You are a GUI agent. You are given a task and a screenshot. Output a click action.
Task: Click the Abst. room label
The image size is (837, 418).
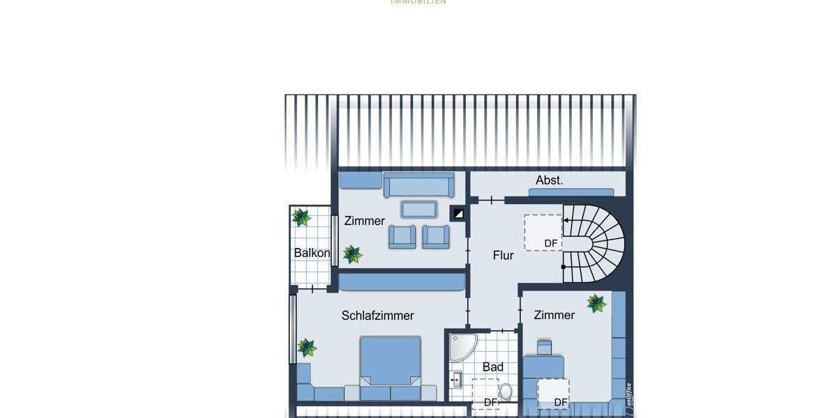(x=549, y=180)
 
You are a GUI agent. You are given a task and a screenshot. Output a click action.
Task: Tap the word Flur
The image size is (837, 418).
(x=503, y=256)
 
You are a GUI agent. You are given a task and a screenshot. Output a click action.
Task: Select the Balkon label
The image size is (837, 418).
(x=312, y=253)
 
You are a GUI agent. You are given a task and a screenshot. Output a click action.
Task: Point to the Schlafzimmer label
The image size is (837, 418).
(x=377, y=316)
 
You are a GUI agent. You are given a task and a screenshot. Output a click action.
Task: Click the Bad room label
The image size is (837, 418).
(x=492, y=367)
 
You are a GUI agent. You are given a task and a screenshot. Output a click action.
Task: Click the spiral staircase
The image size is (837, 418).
(x=597, y=244)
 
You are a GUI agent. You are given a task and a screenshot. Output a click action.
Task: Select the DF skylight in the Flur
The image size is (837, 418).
(x=543, y=233)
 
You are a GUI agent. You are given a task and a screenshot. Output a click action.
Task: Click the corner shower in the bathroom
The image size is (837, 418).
(x=461, y=347)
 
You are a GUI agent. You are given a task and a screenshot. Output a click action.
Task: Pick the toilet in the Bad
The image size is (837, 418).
(x=506, y=392)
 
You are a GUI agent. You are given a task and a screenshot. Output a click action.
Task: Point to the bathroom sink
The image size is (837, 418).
(x=456, y=380)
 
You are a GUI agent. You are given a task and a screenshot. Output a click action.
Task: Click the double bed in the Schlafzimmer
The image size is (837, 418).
(x=391, y=362)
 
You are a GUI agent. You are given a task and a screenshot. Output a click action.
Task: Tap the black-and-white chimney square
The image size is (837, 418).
(x=458, y=213)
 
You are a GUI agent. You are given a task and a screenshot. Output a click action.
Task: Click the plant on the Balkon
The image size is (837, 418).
(x=301, y=217)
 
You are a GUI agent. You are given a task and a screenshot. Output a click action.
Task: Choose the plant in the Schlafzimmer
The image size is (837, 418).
(x=307, y=347)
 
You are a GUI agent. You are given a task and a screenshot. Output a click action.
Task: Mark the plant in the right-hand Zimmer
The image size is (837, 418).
(x=596, y=303)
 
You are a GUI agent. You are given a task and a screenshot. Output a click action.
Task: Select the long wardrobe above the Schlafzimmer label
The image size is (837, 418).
(x=402, y=281)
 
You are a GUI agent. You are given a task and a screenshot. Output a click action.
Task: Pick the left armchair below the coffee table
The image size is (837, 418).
(x=402, y=236)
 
